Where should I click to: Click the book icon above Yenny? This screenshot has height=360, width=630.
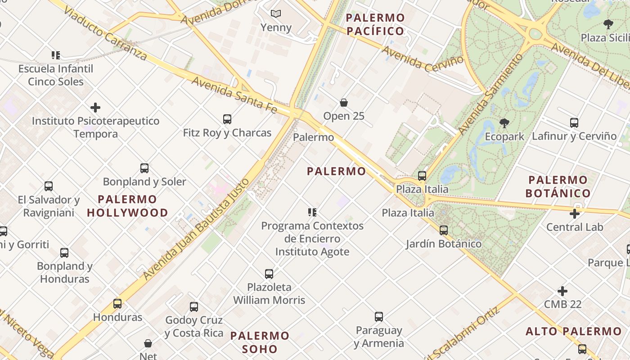[x=276, y=14]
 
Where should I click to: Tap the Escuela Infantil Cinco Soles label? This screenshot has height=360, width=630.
[x=56, y=75]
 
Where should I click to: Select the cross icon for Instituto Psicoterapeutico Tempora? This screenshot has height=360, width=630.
[x=95, y=108]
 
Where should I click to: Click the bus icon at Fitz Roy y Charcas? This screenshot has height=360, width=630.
[x=227, y=119]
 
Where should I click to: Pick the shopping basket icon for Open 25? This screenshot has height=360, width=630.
[x=344, y=103]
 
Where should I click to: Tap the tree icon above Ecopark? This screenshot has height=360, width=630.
[x=504, y=123]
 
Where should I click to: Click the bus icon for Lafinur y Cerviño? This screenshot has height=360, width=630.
[x=574, y=122]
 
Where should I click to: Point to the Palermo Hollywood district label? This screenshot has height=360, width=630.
[x=127, y=206]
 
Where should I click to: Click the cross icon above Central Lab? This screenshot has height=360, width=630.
[x=575, y=214]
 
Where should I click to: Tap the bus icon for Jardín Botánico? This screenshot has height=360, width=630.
[x=444, y=230]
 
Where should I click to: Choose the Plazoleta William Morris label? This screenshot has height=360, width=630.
[x=269, y=293]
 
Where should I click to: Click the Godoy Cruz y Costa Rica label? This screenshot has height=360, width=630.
[x=194, y=327]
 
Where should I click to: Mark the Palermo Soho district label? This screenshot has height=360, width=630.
[x=260, y=342]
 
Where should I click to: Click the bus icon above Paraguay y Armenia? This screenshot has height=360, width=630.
[x=379, y=317]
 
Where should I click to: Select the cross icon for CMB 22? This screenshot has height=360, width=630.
[x=562, y=291]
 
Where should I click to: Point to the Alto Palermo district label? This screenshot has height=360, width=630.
[x=574, y=332]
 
